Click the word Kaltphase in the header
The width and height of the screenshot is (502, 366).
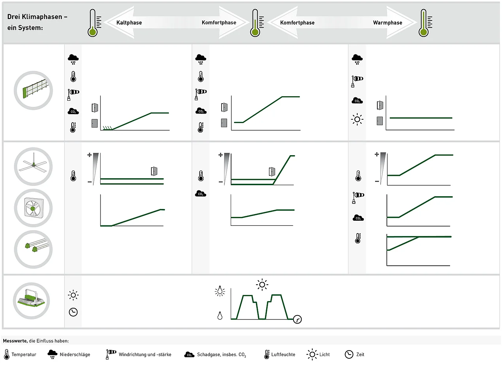(x=129, y=23)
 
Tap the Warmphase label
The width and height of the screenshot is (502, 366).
(x=388, y=23)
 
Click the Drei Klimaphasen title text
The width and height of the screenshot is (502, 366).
(x=37, y=22)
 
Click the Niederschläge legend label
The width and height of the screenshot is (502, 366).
(x=75, y=354)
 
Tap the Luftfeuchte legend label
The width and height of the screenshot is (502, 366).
(x=283, y=354)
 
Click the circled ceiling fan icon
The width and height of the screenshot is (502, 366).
(x=33, y=167)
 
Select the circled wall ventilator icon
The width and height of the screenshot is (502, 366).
(x=33, y=208)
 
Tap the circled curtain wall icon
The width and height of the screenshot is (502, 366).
(x=33, y=90)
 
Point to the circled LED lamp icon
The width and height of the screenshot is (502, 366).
(x=31, y=301)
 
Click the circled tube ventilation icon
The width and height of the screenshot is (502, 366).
(x=33, y=249)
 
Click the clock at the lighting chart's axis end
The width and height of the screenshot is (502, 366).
(x=297, y=319)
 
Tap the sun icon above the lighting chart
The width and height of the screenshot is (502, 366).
(x=262, y=285)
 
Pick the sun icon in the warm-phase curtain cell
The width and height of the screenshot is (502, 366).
(x=357, y=119)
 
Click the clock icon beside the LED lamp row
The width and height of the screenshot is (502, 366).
(x=73, y=312)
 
